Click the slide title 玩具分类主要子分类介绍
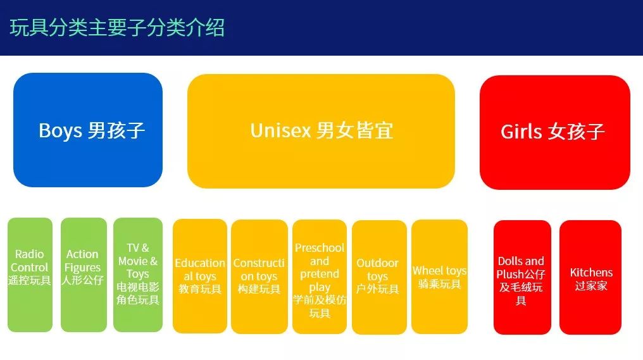(117, 28)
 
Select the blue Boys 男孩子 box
(88, 130)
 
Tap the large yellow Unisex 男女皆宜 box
(321, 131)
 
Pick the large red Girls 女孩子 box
(555, 132)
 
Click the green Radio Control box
(30, 275)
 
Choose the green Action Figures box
(84, 275)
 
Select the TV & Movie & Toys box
(138, 275)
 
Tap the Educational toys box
(200, 276)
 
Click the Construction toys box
(259, 276)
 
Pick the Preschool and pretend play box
(320, 276)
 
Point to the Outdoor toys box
(379, 277)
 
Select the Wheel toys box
(440, 276)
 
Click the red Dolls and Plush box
(523, 278)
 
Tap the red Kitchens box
(590, 278)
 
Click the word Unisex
(281, 131)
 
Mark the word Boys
(60, 131)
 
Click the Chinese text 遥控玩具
(30, 280)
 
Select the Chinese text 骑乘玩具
(440, 283)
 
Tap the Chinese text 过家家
(591, 286)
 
